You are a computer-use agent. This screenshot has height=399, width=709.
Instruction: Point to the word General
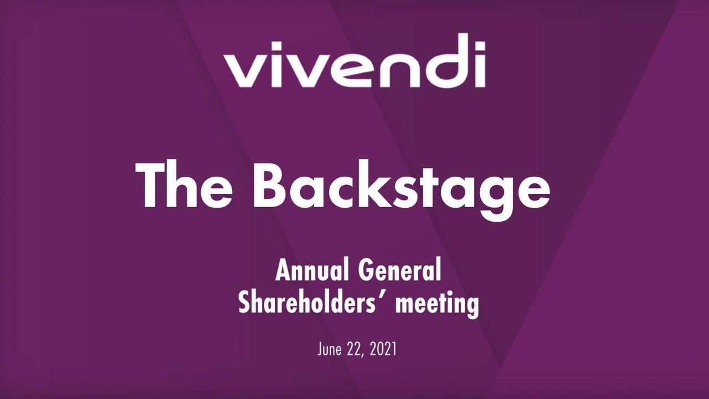399,271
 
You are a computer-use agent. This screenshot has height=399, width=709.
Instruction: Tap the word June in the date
331,350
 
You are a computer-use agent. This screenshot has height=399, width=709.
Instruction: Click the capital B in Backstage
273,184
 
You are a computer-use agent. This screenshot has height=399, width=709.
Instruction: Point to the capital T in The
153,184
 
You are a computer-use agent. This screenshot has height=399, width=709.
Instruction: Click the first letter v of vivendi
241,71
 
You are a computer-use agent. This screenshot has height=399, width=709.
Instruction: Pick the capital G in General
366,271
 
